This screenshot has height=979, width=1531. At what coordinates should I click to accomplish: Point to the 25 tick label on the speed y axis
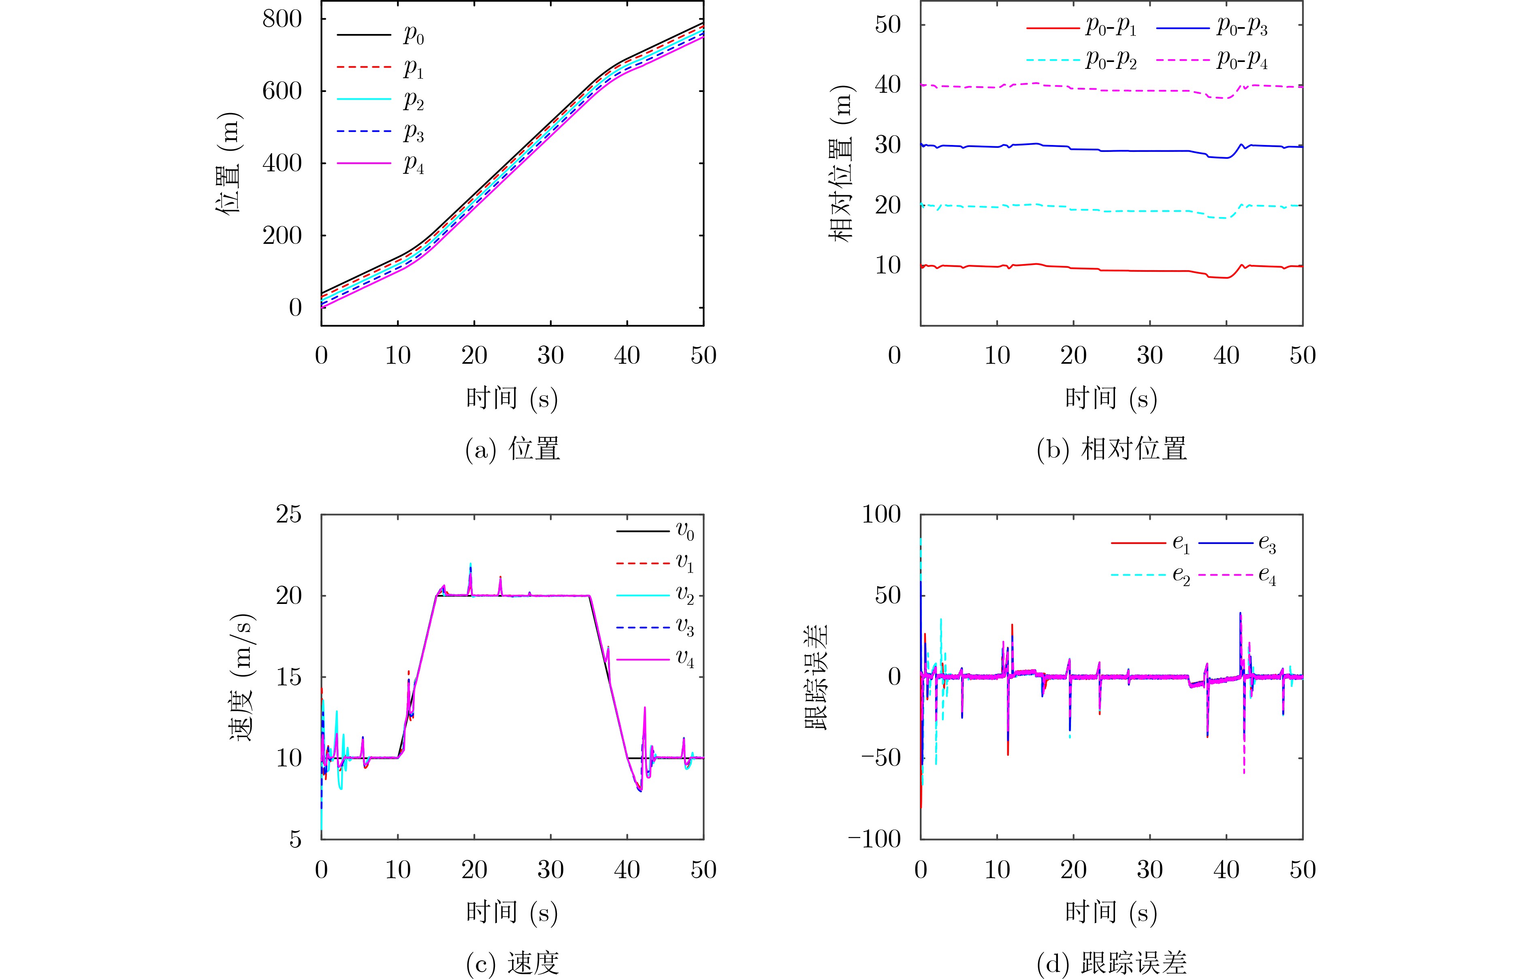tap(289, 514)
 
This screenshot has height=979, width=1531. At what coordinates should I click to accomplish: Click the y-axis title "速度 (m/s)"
tap(242, 677)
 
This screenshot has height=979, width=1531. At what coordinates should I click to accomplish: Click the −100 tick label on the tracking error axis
tap(874, 839)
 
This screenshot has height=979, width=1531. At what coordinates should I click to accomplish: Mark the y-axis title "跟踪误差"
tap(817, 677)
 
